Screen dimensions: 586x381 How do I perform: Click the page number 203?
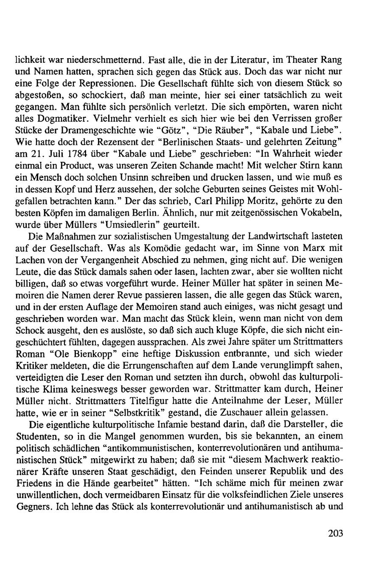pyautogui.click(x=335, y=533)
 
